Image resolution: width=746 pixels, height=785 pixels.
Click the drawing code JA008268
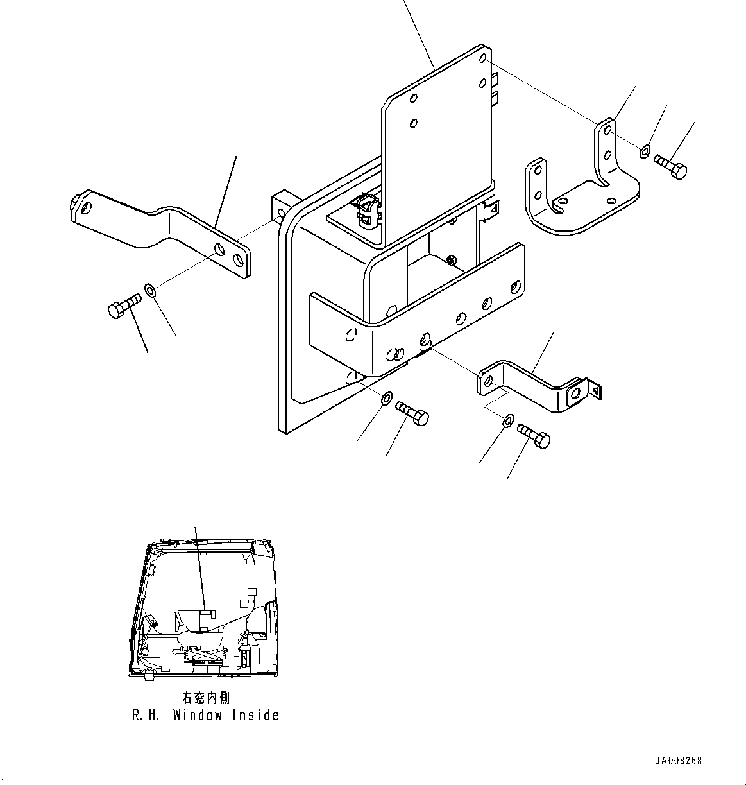click(x=678, y=761)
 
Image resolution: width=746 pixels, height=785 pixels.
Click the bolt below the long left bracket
click(x=124, y=305)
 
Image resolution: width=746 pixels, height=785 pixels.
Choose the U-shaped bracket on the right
click(x=581, y=186)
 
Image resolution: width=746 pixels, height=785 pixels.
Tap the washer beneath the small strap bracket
click(x=507, y=421)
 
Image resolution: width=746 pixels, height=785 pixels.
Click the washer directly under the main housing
click(x=386, y=399)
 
